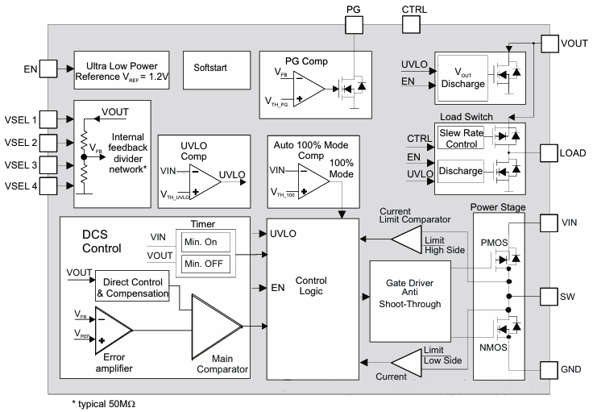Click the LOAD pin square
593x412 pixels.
pos(550,152)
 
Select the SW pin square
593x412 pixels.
pos(550,296)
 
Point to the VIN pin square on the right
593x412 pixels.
pos(550,223)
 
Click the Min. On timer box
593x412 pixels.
pos(205,242)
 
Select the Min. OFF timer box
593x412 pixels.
pos(205,263)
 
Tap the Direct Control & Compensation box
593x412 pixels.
pos(133,289)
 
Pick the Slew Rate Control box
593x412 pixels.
pos(460,138)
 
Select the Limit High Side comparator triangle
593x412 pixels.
pos(412,239)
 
